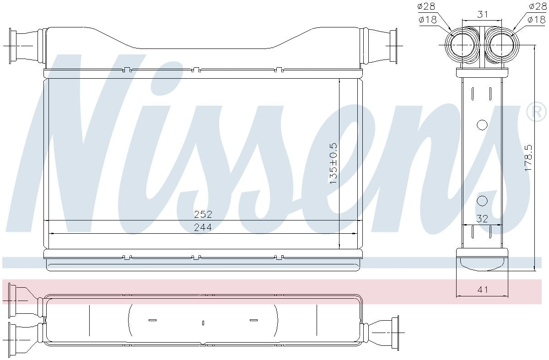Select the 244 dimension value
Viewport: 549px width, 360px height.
(203, 227)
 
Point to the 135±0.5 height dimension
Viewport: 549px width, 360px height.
(333, 163)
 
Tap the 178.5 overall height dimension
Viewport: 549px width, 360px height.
(528, 158)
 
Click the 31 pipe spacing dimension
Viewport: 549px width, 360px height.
(482, 14)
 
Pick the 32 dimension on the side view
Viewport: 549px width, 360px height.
(482, 219)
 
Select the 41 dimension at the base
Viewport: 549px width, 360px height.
(483, 289)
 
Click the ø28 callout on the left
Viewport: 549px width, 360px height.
(426, 6)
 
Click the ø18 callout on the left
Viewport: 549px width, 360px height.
(426, 20)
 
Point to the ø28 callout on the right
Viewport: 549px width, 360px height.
(538, 6)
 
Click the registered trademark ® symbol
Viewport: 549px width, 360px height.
(536, 113)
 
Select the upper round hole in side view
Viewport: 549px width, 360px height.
(482, 124)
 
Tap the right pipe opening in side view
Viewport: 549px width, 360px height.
(502, 46)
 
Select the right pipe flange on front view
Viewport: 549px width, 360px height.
(393, 46)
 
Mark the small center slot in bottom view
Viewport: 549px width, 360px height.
(203, 323)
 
